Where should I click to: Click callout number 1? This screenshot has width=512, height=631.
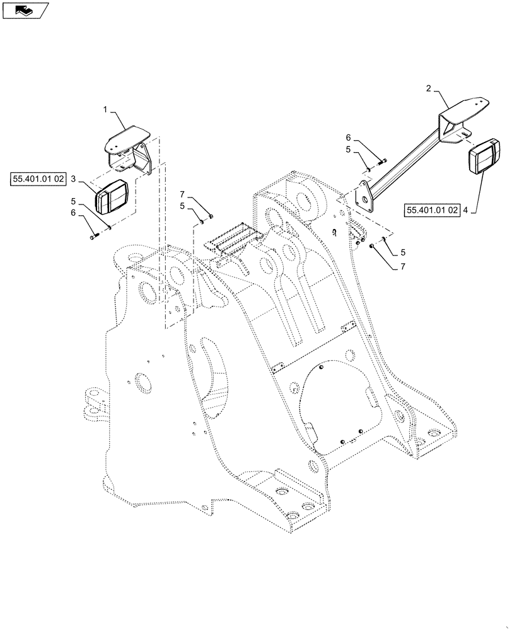(106, 110)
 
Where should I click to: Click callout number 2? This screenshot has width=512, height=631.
(428, 89)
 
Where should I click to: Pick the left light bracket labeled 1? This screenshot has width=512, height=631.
(129, 150)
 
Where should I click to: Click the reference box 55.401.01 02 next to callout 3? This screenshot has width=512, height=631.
(38, 180)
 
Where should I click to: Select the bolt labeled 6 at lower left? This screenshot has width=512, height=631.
(95, 237)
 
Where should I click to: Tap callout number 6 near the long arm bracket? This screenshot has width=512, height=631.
(348, 138)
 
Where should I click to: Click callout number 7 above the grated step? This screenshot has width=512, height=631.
(182, 193)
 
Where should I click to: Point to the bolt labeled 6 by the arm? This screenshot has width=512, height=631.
(381, 162)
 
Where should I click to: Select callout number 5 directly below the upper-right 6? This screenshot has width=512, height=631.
(348, 150)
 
